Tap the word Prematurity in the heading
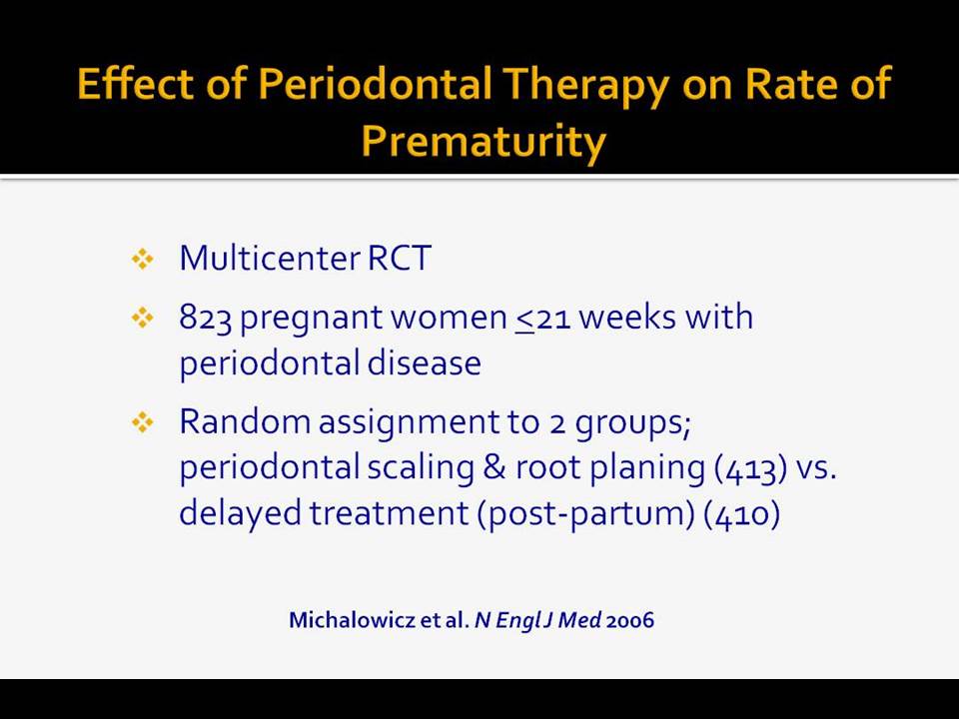tap(483, 143)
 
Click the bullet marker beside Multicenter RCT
tap(143, 259)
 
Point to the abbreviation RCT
tap(400, 258)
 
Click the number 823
tap(205, 318)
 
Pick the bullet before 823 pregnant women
tap(143, 318)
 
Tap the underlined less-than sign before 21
tap(524, 320)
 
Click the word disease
tap(424, 362)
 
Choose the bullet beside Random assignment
tap(143, 422)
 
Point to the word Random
tap(246, 421)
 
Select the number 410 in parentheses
tap(742, 514)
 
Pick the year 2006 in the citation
tap(630, 620)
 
